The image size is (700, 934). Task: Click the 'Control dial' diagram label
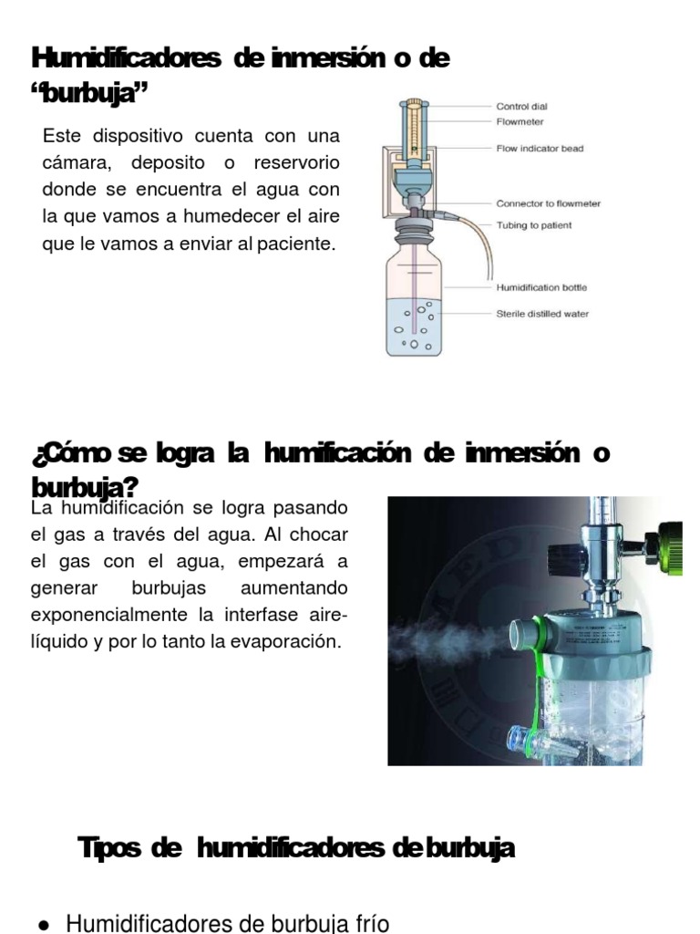[x=521, y=107]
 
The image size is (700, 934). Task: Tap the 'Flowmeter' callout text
[x=520, y=120]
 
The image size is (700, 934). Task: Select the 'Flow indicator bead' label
[x=540, y=148]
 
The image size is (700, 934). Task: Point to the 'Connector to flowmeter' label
[x=548, y=204]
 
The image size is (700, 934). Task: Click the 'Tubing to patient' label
[x=534, y=225]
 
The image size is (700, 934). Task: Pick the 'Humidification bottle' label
[x=541, y=287]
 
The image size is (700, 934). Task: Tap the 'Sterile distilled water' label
[x=542, y=314]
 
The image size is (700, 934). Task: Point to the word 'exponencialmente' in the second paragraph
[x=105, y=615]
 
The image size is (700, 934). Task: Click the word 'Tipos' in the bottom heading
[x=109, y=848]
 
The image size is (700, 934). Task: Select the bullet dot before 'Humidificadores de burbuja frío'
[x=43, y=925]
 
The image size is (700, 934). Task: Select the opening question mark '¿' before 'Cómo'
[x=36, y=453]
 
